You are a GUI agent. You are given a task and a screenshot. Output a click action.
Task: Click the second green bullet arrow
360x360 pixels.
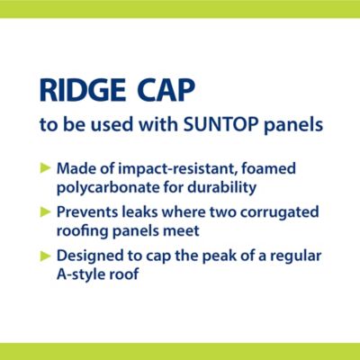click(46, 211)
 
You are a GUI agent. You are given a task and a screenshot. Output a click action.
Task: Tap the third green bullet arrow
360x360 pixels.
click(46, 255)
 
